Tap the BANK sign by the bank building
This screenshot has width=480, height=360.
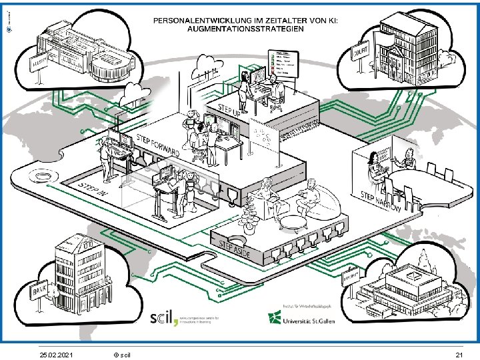click(41, 291)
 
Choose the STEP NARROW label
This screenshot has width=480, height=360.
click(381, 202)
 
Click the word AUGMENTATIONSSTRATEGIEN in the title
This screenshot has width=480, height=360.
click(246, 29)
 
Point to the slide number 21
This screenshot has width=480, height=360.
click(458, 353)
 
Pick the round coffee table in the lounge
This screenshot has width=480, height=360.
click(292, 222)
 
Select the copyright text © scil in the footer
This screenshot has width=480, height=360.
click(122, 353)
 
